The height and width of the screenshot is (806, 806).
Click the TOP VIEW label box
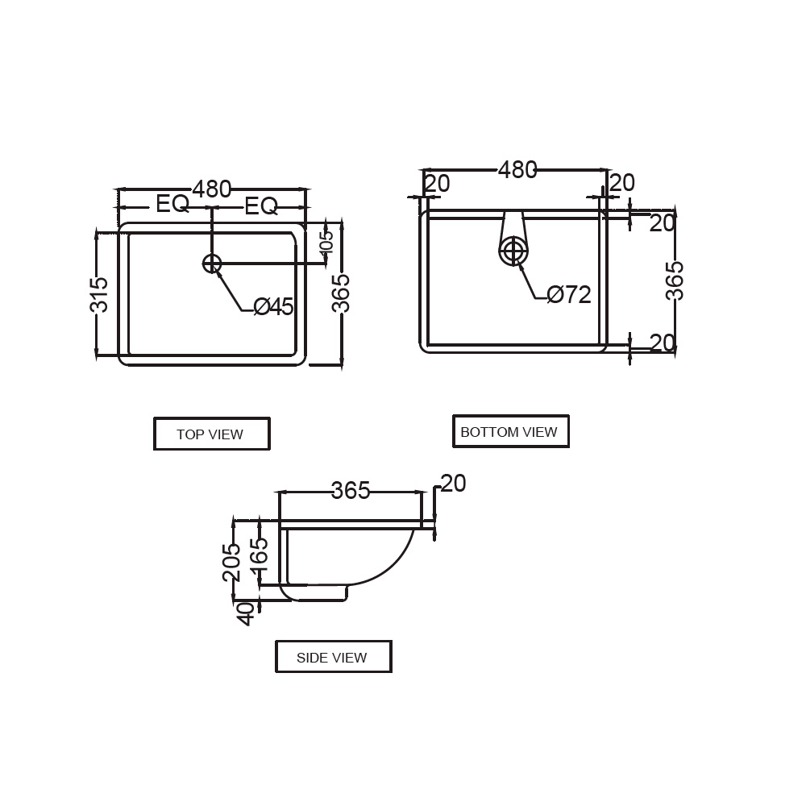tap(212, 434)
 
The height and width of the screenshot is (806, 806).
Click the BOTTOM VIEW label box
tap(510, 431)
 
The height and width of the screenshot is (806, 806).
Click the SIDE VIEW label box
tap(334, 656)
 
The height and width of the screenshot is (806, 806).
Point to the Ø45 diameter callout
tap(273, 307)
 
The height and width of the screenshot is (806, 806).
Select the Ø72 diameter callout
tap(569, 294)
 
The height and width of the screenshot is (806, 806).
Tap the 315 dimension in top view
tap(99, 295)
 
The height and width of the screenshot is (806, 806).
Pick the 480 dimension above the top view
tap(212, 189)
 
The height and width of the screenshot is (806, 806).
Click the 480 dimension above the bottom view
tap(517, 170)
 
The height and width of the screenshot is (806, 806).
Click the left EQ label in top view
tap(172, 204)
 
